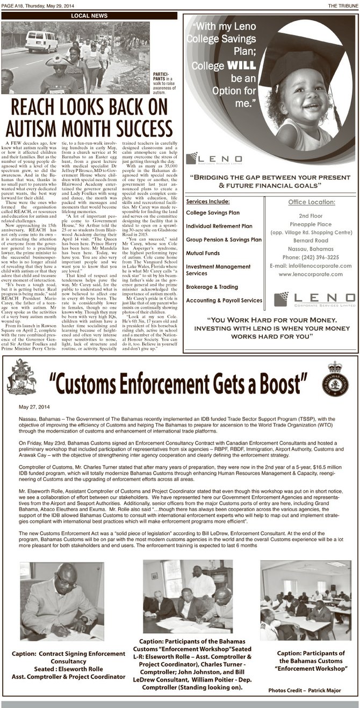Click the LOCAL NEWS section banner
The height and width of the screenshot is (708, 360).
coord(89,16)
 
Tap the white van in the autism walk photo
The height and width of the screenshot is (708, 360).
coord(41,41)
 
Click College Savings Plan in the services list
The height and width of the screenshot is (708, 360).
coord(213,213)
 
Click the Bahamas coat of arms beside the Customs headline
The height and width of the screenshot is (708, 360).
coord(22,377)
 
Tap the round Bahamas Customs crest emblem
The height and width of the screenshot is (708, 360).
coord(338,379)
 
